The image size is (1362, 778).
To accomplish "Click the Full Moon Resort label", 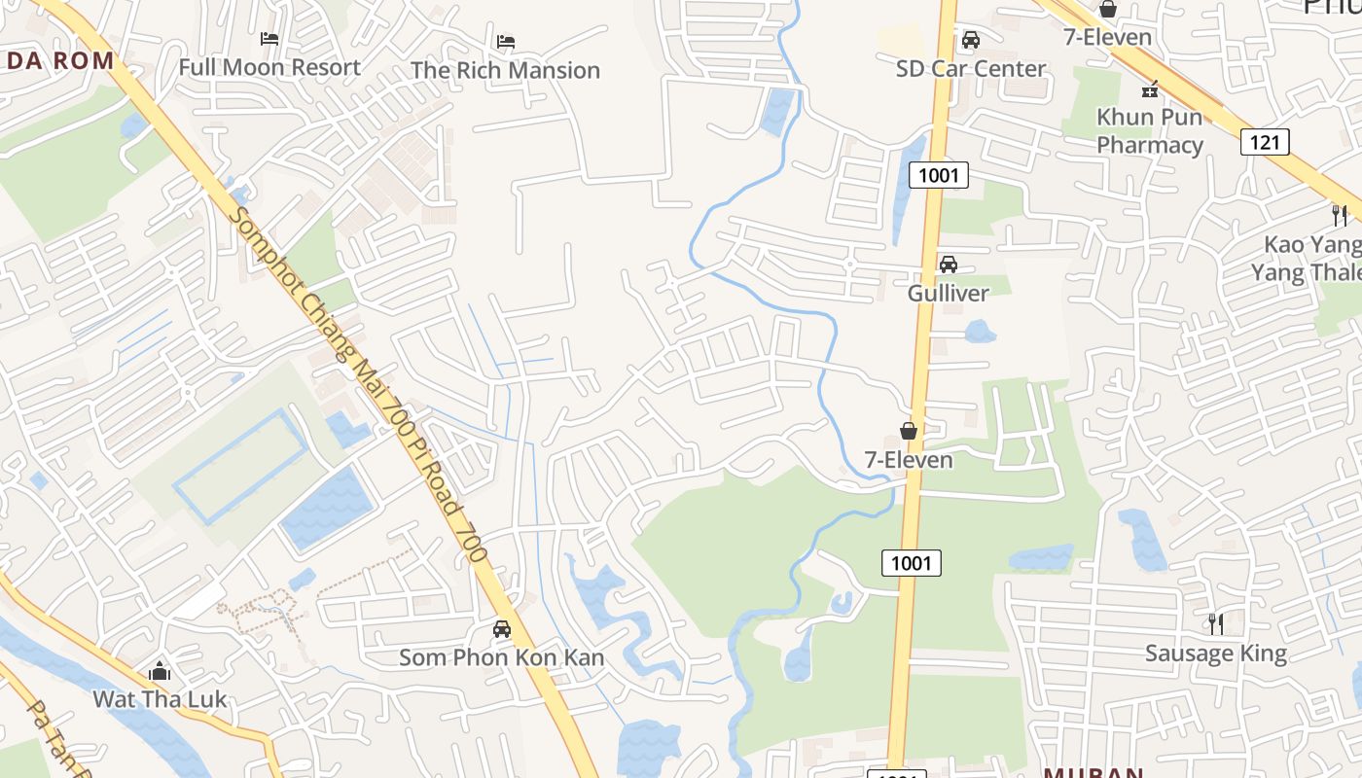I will point(269,68).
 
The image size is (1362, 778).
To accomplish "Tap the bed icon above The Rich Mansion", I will point(505,42).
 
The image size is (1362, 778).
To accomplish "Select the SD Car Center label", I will point(970,69).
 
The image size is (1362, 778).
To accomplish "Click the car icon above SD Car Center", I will point(970,40).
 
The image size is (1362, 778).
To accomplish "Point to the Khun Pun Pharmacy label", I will point(1150,131).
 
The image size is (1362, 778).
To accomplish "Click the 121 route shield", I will point(1265,143).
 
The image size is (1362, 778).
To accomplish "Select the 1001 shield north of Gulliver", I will point(939,176).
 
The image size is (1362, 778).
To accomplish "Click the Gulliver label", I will point(948,293).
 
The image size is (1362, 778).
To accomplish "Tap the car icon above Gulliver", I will point(948,265).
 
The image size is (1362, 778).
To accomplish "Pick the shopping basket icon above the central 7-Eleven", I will point(909,431).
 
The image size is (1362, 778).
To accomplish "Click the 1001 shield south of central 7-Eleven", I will point(912,562).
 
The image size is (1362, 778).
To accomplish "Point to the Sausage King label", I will point(1215,654).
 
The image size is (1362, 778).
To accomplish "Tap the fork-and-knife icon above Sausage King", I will point(1215,623).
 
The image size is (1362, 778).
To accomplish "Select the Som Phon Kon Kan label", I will point(501,658).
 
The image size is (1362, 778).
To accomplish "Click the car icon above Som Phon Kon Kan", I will point(501,629).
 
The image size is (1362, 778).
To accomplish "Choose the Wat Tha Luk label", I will point(160,699).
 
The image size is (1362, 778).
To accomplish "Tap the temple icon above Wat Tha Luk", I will point(160,671).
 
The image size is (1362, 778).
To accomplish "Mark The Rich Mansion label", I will point(505,71).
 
